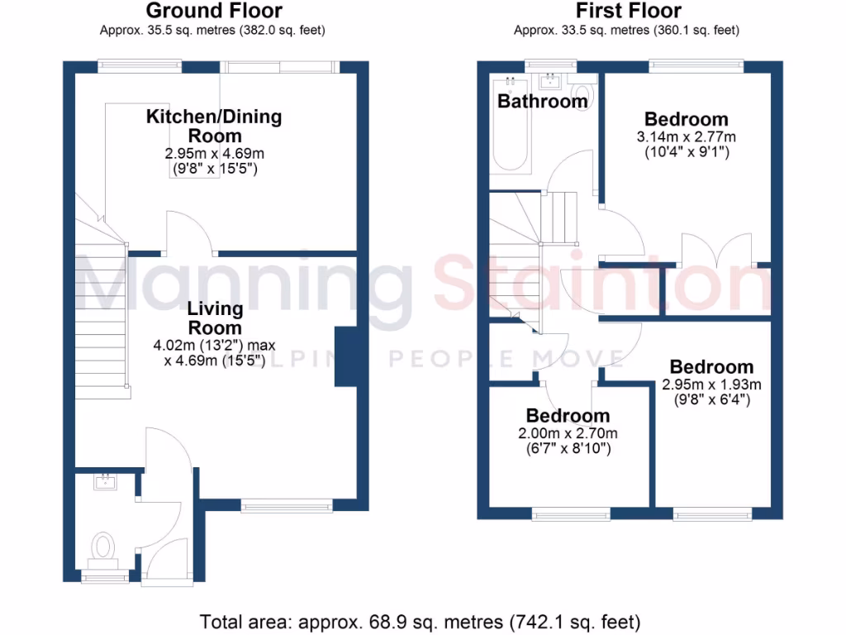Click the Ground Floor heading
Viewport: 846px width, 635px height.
coord(214,11)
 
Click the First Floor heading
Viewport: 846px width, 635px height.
coord(629,11)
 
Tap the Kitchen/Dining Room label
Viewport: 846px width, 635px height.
coord(214,126)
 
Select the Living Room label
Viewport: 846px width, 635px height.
coord(215,317)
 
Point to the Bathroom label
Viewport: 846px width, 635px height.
coord(542,102)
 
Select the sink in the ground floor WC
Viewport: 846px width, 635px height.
coord(104,482)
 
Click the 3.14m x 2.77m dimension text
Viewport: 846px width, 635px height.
coord(687,136)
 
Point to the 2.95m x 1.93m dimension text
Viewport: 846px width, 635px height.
coord(711,384)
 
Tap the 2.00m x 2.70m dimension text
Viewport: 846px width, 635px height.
coord(568,433)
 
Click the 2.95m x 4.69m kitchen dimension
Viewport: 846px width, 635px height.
coord(214,154)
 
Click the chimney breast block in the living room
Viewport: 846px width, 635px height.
coord(345,356)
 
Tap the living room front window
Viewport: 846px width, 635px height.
coord(288,504)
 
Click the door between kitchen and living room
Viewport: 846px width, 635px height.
coord(191,233)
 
